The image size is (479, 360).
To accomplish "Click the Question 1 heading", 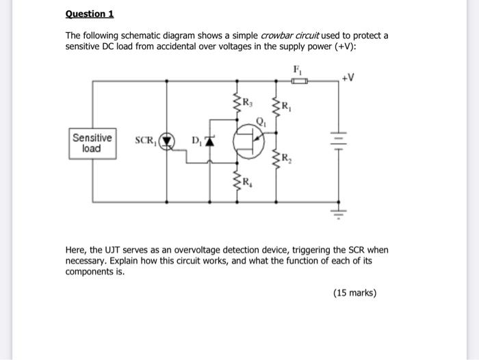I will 90,14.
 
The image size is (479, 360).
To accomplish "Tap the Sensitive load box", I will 92,143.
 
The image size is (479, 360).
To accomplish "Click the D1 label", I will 196,141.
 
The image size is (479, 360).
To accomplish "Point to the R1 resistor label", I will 287,107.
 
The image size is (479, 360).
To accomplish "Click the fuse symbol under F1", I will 299,81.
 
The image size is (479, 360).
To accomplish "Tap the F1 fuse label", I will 298,69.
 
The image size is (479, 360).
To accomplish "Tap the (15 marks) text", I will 354,293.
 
